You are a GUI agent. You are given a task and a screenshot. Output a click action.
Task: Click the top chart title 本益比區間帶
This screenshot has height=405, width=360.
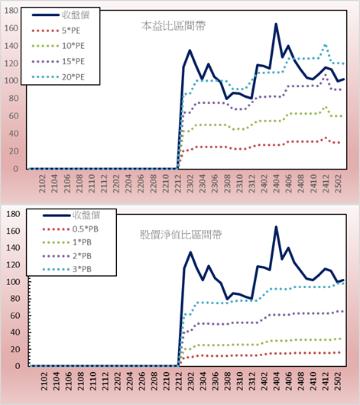174,26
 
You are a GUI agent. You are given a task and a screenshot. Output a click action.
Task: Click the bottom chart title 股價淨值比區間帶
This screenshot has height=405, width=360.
180,235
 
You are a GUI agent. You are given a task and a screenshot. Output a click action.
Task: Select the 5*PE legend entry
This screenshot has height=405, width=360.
56,31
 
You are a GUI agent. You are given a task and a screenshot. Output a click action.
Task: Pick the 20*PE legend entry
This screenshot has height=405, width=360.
58,77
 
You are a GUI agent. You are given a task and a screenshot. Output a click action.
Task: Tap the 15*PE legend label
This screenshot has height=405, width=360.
73,61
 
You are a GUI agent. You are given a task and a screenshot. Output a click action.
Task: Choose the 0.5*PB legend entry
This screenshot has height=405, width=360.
70,229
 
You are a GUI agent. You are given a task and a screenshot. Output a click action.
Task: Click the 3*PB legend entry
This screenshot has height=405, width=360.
67,269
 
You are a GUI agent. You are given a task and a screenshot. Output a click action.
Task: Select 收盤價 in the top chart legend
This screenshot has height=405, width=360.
60,15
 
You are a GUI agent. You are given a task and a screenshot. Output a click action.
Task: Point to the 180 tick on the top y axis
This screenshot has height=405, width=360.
11,11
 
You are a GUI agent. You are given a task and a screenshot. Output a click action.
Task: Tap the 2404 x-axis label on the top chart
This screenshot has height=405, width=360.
276,183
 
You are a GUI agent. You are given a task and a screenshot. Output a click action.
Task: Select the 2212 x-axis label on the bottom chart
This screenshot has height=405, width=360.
179,381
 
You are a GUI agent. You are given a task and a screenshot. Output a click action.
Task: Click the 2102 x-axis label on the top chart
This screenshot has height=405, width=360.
42,183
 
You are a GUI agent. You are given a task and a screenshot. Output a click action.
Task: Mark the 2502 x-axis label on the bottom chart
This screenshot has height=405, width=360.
338,381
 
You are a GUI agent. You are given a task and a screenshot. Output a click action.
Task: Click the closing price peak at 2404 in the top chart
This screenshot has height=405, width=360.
276,24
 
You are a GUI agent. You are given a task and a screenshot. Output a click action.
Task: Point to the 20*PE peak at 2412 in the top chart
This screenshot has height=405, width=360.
325,45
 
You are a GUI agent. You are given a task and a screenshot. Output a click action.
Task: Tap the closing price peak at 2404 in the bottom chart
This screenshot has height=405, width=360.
276,227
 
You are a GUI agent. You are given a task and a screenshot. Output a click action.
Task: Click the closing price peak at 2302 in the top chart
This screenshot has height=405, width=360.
190,50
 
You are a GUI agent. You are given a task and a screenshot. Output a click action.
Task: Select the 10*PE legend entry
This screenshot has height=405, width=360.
58,46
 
